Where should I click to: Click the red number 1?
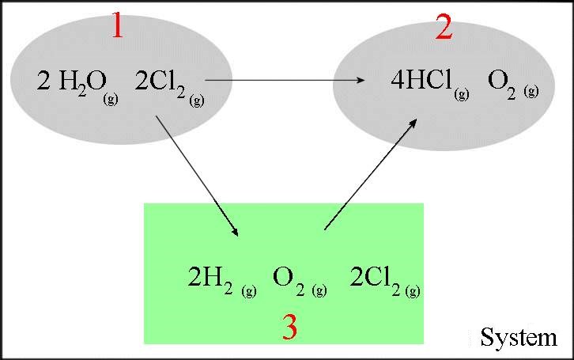pos(118,25)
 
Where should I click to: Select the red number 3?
pos(290,327)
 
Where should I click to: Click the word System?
pos(519,337)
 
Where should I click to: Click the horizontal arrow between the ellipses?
pos(285,80)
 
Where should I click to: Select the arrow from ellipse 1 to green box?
pos(198,176)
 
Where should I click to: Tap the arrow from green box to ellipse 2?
pos(371,174)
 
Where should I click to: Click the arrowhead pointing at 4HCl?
pos(361,80)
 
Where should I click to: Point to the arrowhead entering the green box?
pos(236,232)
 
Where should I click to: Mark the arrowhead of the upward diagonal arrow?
pos(414,123)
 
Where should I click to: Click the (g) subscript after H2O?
pos(111,99)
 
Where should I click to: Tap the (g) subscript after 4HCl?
pos(462,94)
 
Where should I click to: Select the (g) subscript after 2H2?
pos(249,291)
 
